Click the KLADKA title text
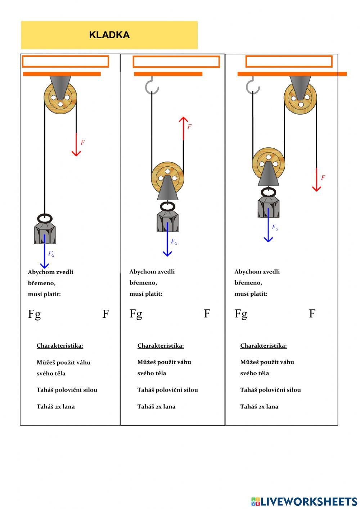click(x=109, y=35)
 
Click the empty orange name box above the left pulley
click(x=66, y=62)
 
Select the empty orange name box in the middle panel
click(x=176, y=62)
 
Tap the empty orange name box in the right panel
click(x=289, y=62)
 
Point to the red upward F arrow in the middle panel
click(x=184, y=128)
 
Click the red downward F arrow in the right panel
click(x=316, y=180)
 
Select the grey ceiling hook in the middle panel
click(x=152, y=86)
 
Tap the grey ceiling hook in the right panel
click(x=253, y=86)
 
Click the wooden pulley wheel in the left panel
click(x=60, y=98)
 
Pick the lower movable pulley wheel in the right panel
click(x=268, y=164)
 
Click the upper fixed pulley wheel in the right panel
click(x=300, y=98)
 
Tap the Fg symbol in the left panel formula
click(x=34, y=314)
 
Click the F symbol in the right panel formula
click(x=312, y=314)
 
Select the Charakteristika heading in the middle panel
click(x=161, y=346)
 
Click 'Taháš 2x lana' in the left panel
click(x=56, y=407)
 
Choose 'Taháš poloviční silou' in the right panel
click(x=270, y=390)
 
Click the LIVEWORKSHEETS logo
click(x=304, y=501)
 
